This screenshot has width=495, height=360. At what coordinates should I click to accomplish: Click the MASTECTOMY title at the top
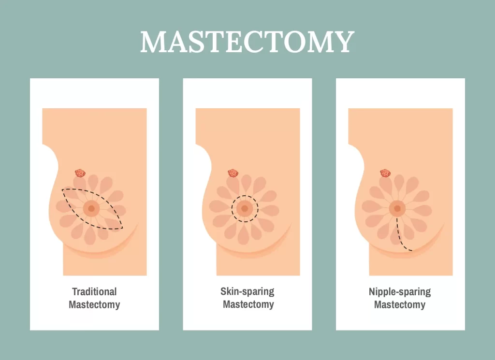pyautogui.click(x=247, y=42)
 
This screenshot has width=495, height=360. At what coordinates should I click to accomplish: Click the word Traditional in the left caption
pyautogui.click(x=94, y=291)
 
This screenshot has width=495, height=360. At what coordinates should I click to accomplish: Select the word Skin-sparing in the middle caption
pyautogui.click(x=247, y=291)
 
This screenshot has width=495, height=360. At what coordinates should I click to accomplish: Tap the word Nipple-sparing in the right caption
pyautogui.click(x=400, y=291)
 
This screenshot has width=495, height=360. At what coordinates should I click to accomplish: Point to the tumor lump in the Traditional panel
pyautogui.click(x=80, y=173)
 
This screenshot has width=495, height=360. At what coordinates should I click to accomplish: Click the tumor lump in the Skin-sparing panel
pyautogui.click(x=233, y=173)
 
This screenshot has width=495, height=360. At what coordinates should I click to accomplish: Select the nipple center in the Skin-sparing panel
pyautogui.click(x=245, y=209)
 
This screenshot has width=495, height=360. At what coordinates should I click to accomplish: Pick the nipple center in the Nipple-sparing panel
pyautogui.click(x=397, y=209)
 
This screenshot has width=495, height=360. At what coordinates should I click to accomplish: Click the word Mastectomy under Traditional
pyautogui.click(x=94, y=305)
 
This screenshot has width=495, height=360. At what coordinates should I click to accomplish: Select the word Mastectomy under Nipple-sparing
pyautogui.click(x=400, y=305)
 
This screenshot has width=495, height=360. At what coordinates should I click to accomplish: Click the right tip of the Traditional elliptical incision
pyautogui.click(x=122, y=228)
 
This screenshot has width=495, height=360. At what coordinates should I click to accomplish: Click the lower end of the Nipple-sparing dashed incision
pyautogui.click(x=411, y=250)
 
